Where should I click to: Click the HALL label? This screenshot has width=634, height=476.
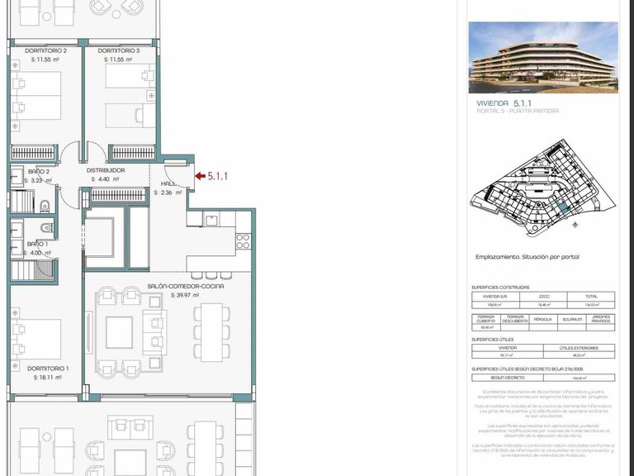(168, 184)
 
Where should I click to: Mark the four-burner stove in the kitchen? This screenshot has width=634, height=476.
(244, 241)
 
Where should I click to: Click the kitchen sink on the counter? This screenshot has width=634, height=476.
(211, 220)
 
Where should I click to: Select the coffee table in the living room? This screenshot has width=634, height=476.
(119, 332)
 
